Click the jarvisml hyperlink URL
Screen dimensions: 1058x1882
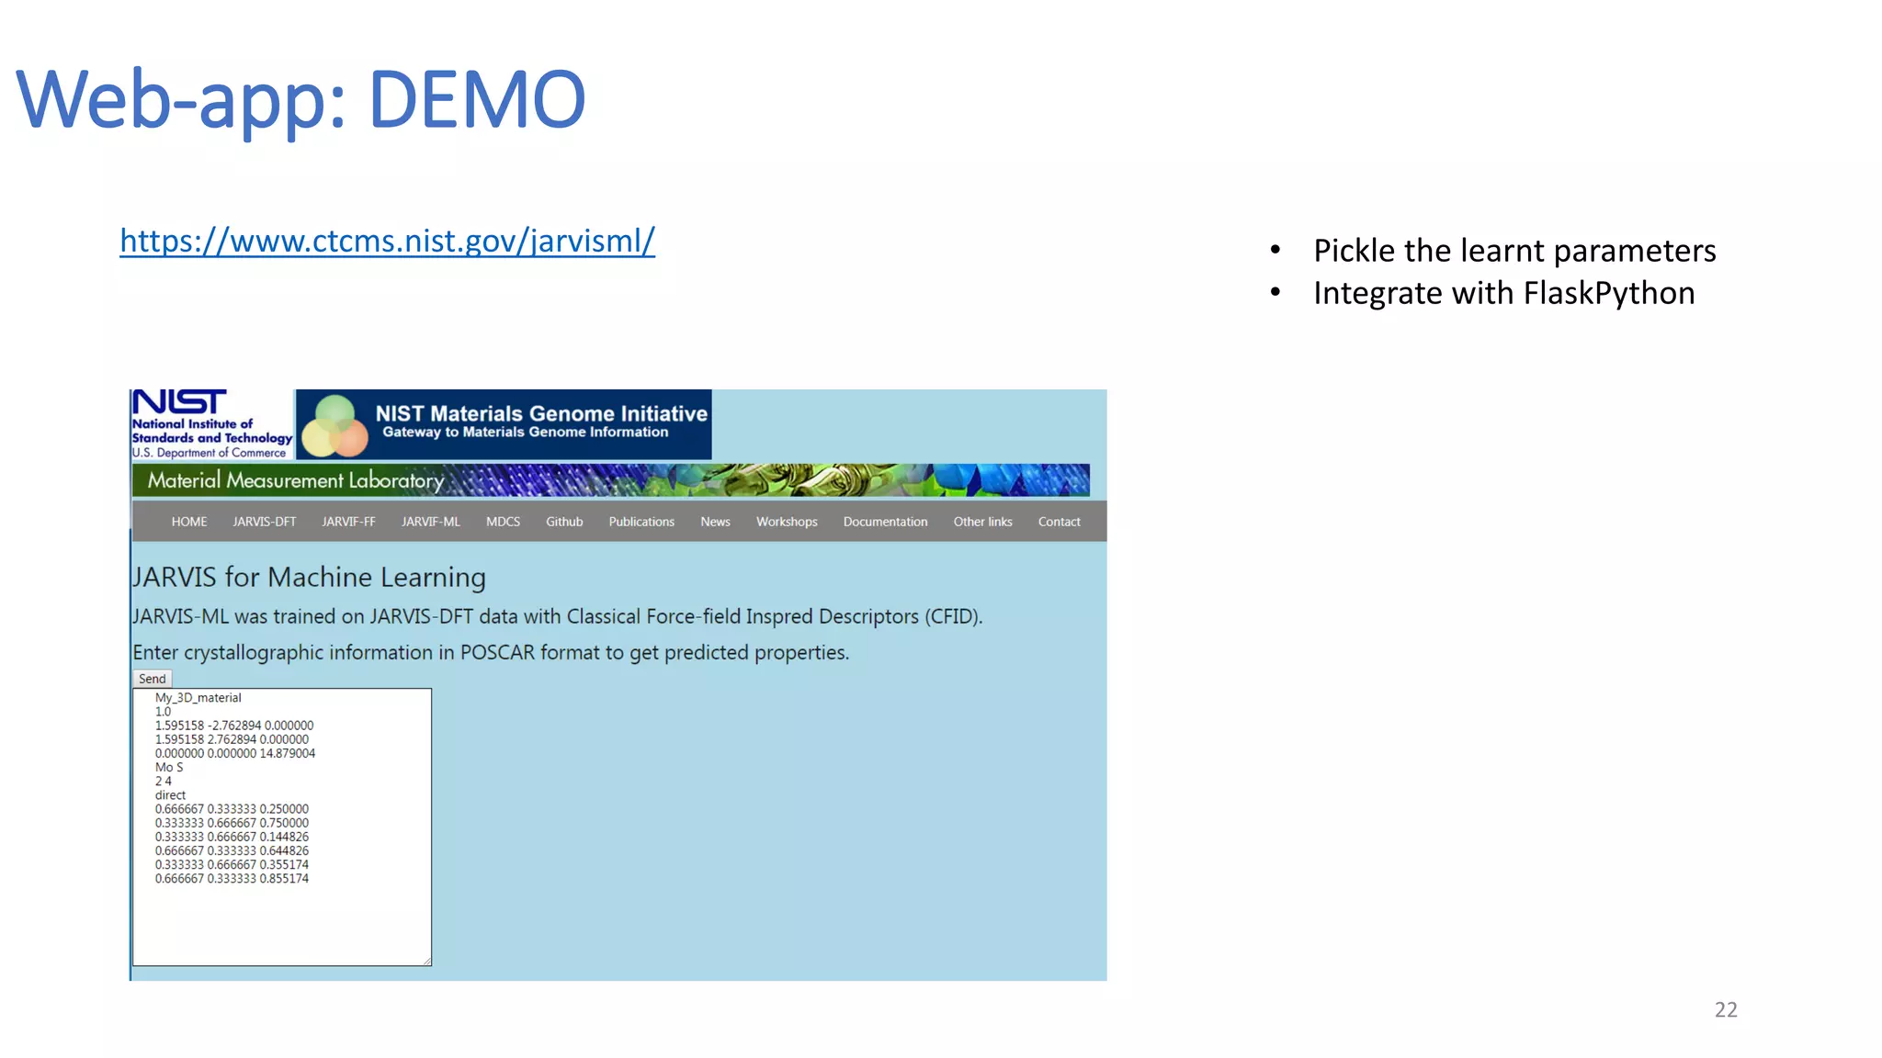point(387,241)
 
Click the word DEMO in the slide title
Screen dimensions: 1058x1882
point(476,99)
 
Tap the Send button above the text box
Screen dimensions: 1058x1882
point(153,679)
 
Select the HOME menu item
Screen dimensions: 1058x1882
point(189,522)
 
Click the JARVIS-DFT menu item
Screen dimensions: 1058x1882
point(265,522)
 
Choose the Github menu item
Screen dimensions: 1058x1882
point(564,522)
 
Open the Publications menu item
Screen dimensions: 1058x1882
point(641,522)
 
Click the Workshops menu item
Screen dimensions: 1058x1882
point(787,522)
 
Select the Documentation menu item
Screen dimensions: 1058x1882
point(885,522)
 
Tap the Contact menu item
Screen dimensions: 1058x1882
point(1059,522)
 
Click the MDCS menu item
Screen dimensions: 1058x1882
point(503,522)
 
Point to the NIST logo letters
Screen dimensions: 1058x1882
point(179,402)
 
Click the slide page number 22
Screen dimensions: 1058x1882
point(1726,1009)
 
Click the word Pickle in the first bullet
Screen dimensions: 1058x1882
point(1354,251)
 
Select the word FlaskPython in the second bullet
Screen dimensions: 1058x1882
point(1608,293)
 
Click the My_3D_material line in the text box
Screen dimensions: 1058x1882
point(198,698)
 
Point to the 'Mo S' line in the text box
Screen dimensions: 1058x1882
point(169,767)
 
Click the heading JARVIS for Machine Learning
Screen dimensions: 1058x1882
point(309,577)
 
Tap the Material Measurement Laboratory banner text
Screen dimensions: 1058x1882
point(296,480)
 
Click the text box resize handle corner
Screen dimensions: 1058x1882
point(427,961)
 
